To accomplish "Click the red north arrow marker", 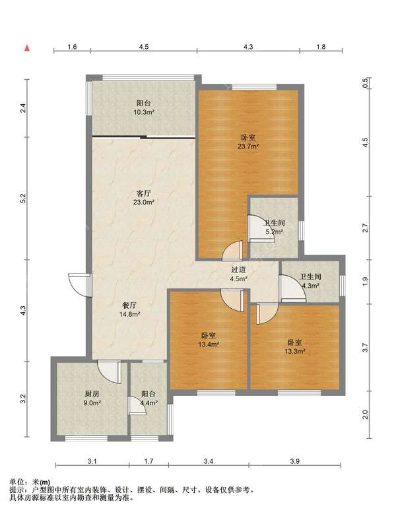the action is pos(28,48).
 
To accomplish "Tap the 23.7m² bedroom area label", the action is pos(248,142).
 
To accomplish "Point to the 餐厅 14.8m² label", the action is pos(130,309).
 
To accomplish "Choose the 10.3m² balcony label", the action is pos(143,108).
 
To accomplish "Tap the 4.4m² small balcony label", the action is pos(149,398).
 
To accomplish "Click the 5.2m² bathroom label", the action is pos(275,228).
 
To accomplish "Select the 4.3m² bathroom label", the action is pos(310,282).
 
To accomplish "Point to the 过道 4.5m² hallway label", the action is pos(239,274).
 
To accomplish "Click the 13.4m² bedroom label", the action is pos(209,340).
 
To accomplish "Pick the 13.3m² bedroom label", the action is pos(295,346).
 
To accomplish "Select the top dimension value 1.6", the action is pos(72,47).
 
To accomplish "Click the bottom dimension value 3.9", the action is pos(294,461).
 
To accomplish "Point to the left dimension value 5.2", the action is pos(22,198).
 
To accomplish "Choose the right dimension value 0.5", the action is pos(365,83).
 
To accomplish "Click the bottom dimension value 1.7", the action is pos(148,461).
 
